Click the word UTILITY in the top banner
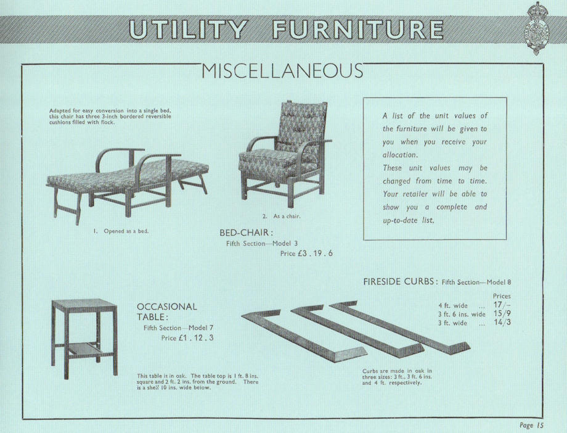189,30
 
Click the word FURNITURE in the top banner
357,30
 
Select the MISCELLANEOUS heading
282,72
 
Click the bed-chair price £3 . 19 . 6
306,253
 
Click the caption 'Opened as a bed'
121,231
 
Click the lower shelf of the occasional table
84,349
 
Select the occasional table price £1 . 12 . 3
187,338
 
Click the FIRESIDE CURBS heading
400,282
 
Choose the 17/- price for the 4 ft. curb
502,305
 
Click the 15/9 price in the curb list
502,314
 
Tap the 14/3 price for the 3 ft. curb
502,323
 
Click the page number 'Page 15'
531,424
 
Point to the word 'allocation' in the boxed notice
400,155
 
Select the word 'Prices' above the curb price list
502,296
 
